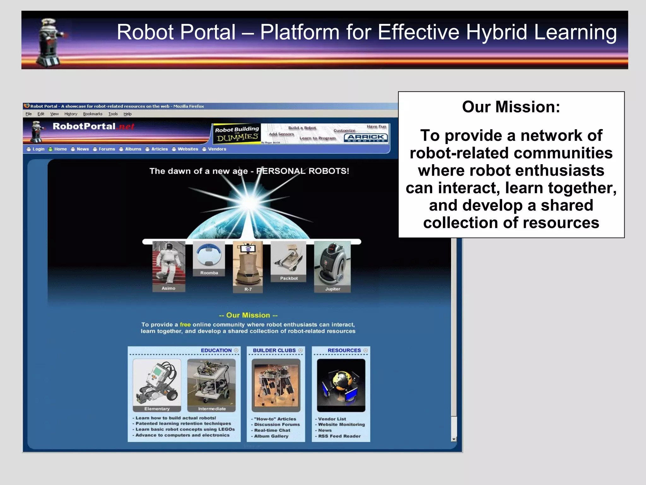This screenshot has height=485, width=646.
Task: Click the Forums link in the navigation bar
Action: [107, 149]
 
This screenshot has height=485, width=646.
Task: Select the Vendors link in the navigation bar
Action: [217, 149]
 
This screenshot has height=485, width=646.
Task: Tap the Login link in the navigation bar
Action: [38, 149]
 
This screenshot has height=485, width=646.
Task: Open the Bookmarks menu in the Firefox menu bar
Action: [93, 114]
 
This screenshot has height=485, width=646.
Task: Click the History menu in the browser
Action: [71, 114]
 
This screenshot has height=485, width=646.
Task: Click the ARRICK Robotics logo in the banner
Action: [366, 138]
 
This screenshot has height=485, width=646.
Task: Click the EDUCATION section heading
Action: [216, 350]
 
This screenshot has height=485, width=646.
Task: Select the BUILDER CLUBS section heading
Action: [274, 350]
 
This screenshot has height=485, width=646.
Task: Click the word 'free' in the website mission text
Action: [185, 325]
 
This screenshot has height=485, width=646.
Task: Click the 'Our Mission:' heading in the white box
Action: [511, 107]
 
